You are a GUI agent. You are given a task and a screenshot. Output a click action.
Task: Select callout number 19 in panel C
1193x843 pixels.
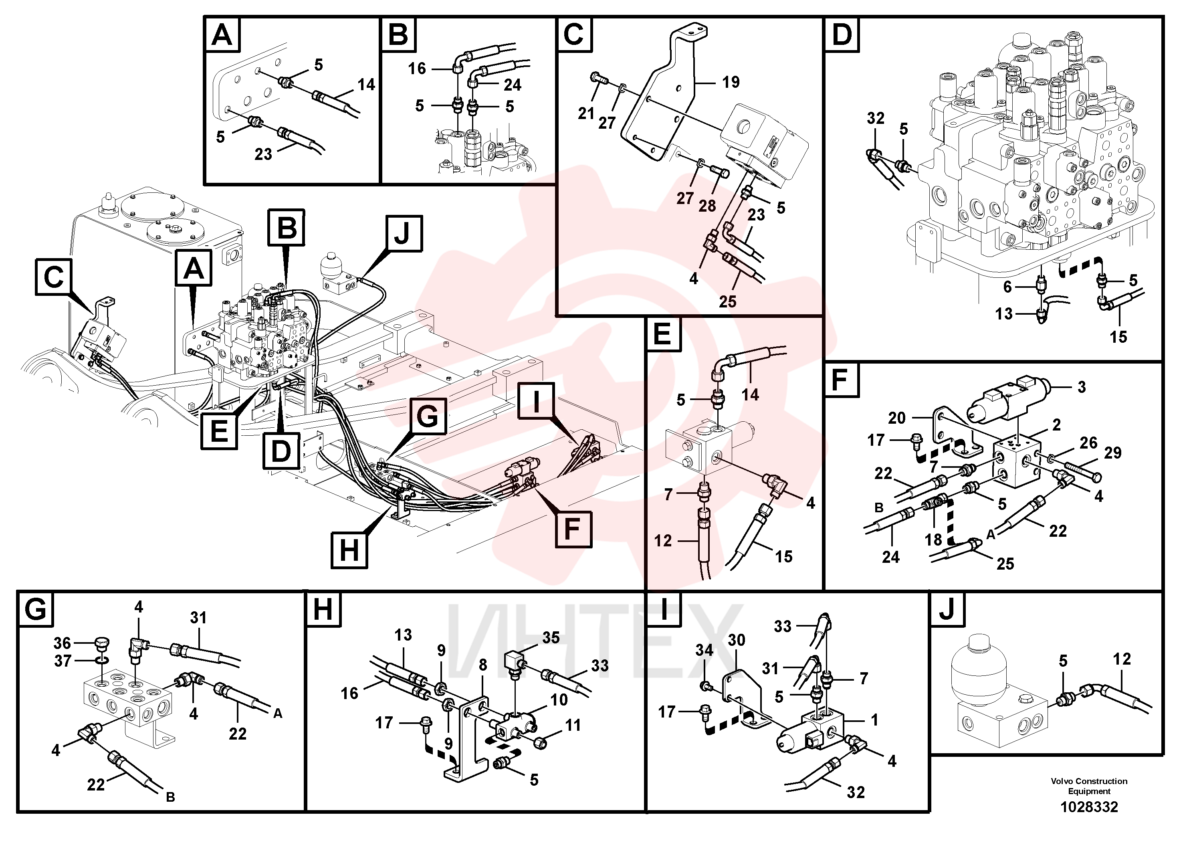pos(731,82)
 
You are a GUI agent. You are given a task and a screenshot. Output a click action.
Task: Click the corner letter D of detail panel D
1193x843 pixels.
pos(842,34)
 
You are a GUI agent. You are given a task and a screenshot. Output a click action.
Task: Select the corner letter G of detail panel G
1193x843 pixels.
pos(35,608)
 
